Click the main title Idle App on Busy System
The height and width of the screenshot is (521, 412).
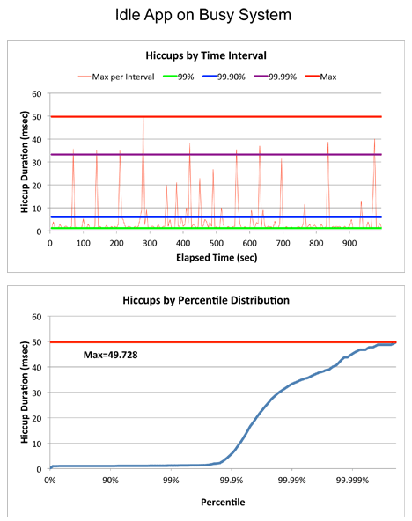203,15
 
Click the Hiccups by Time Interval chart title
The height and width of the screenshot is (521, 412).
206,55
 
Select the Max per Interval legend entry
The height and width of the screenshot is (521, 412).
116,77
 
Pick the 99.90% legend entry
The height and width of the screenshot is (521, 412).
224,77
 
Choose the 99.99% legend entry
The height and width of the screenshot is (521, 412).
276,77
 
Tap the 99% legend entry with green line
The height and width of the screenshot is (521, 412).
179,77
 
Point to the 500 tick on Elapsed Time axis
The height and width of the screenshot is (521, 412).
217,243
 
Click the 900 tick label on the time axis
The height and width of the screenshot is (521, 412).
349,243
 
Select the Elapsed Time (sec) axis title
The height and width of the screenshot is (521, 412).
217,258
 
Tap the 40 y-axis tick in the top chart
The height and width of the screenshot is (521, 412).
37,140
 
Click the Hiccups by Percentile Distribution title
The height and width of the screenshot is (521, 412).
206,300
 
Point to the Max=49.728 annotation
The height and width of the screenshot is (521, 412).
110,356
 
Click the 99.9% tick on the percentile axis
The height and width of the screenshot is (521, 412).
232,481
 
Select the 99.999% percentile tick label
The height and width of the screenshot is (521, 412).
352,481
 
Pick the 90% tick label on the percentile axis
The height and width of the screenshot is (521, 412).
110,481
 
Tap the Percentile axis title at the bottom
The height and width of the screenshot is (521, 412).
223,502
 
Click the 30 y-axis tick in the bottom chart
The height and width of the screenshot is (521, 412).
37,393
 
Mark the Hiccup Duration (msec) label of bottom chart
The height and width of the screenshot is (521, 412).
25,393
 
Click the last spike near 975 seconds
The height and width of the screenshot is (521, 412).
374,140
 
